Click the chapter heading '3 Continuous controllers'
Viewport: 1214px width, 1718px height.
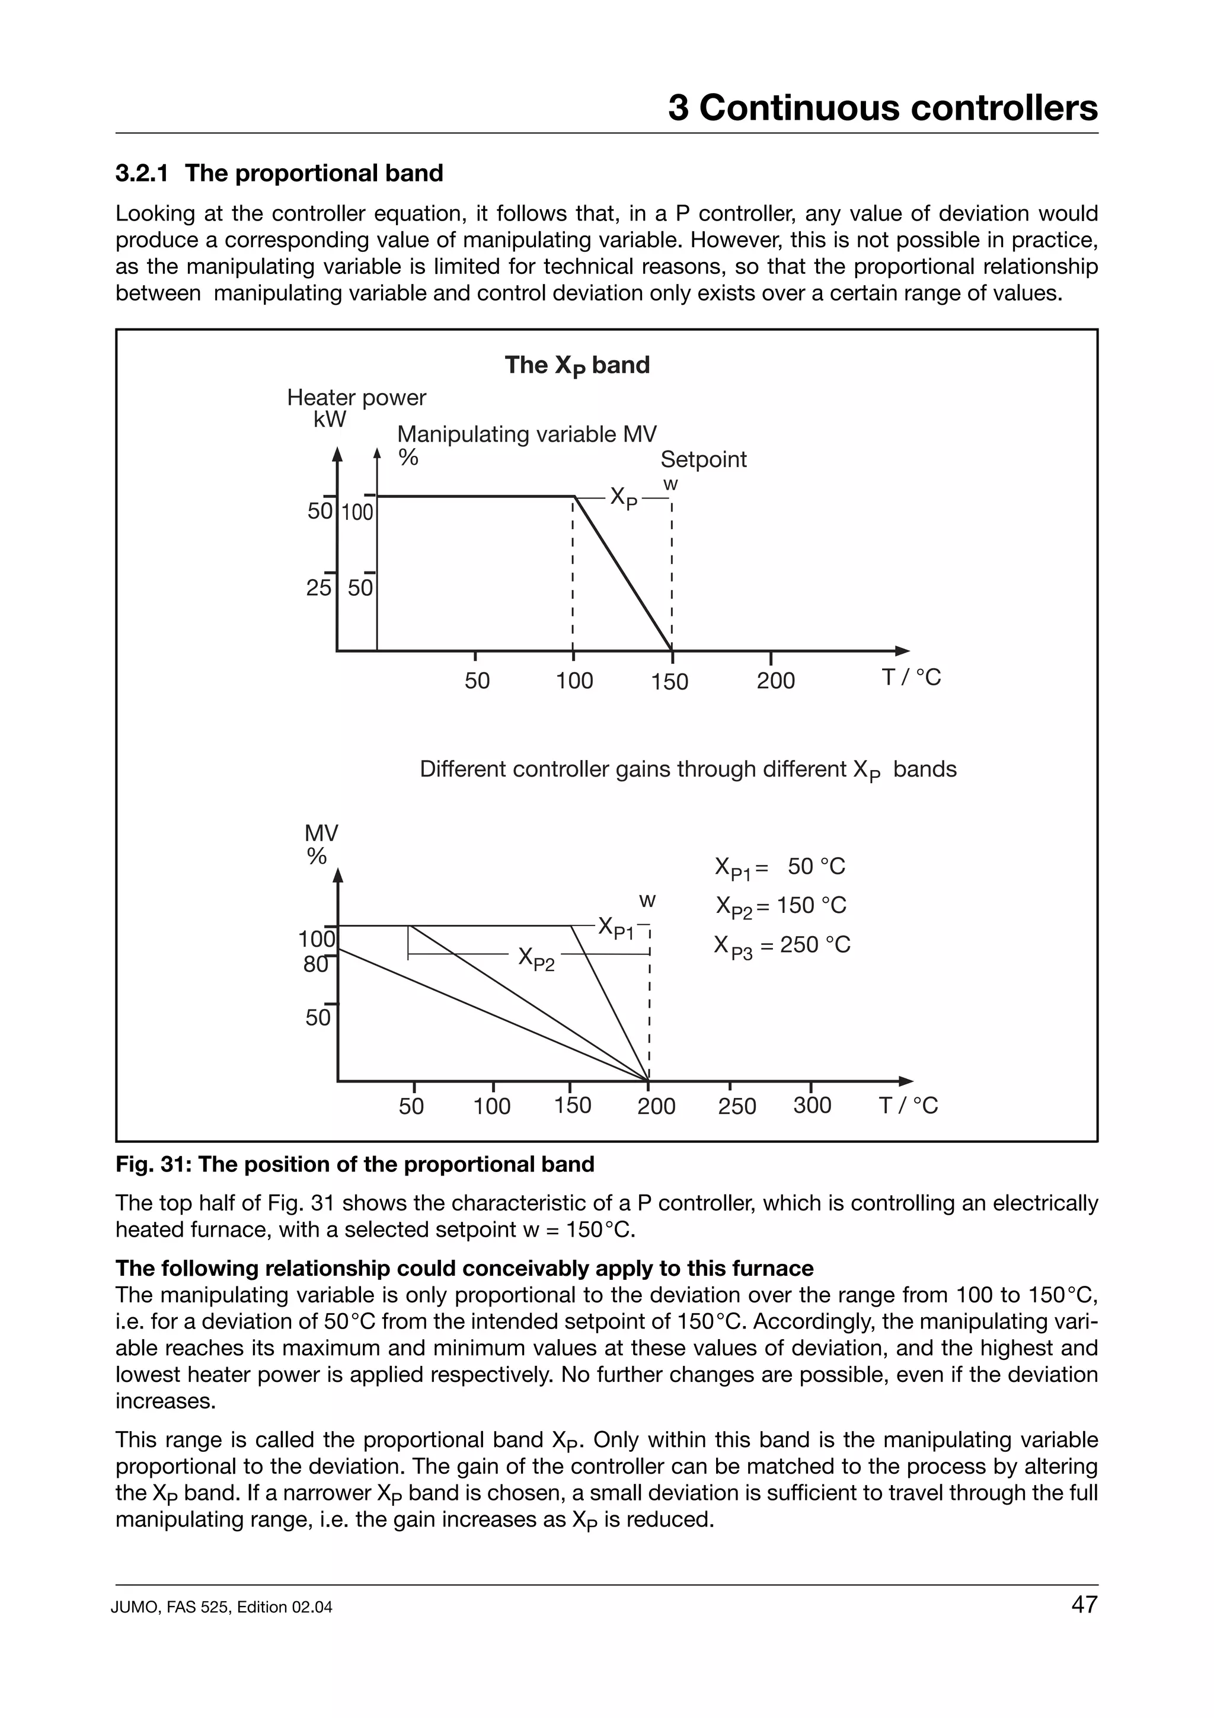coord(883,108)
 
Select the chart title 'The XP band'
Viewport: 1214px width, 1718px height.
coord(577,365)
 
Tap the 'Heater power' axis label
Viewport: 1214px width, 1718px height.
coord(356,397)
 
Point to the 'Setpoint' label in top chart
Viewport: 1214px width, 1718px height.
coord(703,459)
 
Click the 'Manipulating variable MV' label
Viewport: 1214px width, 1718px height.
coord(526,434)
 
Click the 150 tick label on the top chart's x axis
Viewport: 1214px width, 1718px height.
coord(669,682)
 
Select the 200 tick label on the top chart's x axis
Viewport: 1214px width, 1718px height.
coord(776,681)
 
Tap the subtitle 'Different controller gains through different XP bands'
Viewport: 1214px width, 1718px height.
coord(688,769)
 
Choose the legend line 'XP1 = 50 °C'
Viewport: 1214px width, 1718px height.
coord(779,867)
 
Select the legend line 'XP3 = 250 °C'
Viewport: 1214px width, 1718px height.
coord(782,946)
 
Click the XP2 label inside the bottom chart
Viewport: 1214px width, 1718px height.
coord(536,959)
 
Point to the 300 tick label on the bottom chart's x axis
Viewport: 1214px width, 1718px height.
coord(812,1105)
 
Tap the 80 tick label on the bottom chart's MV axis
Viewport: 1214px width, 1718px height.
coord(315,965)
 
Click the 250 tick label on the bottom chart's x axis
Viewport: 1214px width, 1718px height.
coord(737,1106)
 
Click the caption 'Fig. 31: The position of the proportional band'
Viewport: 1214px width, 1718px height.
coord(354,1165)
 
